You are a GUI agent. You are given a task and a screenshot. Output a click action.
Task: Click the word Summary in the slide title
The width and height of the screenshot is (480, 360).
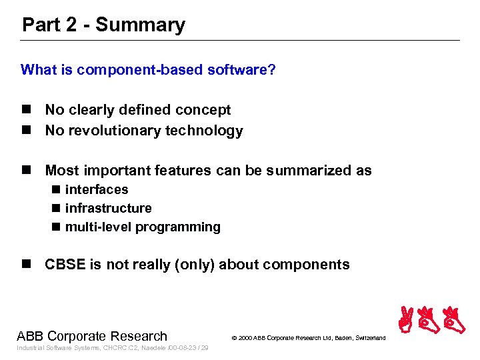coord(140,25)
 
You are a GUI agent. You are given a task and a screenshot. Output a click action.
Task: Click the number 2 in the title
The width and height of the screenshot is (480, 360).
coord(72,25)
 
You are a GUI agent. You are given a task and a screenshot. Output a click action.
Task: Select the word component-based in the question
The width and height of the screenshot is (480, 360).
coord(131,70)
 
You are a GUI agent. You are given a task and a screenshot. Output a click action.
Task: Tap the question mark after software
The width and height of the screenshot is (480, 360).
coord(271,70)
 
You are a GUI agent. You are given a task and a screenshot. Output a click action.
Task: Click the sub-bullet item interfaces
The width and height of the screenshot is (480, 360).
coord(97,189)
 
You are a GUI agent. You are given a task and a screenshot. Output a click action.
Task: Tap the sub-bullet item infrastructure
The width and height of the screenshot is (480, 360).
coord(108,208)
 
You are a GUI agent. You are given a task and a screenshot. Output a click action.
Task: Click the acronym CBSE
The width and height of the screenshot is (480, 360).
coord(65,265)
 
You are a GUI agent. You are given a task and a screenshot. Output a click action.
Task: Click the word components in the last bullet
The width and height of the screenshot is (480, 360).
coord(306,265)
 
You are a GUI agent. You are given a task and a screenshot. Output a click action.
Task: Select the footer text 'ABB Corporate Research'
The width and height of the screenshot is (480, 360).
coord(92,336)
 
